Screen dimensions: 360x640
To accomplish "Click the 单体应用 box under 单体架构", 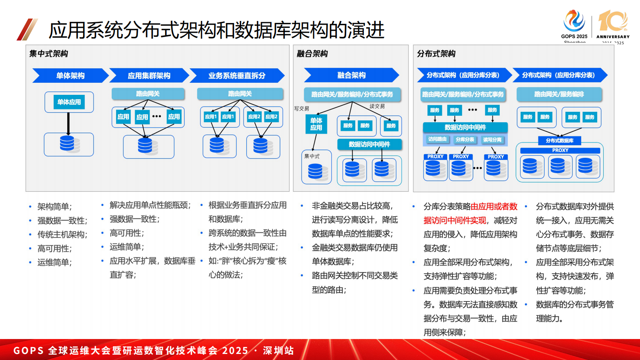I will point(69,102).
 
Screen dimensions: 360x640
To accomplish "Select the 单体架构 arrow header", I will point(70,75).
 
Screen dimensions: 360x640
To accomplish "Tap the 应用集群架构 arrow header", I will point(149,75).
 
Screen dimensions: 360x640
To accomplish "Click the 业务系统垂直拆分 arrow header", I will point(237,75).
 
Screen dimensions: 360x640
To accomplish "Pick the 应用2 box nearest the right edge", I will point(271,117).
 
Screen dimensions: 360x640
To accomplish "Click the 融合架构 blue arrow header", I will point(351,75).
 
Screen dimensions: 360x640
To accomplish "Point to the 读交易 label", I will point(377,106).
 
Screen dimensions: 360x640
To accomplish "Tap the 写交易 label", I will point(302,109).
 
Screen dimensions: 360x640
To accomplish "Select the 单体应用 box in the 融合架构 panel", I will point(316,124).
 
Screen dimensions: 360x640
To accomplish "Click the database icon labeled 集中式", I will point(315,171).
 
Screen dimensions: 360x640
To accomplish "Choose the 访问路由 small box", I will point(437,139).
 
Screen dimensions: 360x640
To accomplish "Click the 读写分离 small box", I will point(492,140).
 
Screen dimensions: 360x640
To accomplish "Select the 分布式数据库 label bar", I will point(559,140).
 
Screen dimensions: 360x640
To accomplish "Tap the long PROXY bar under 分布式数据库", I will point(560,150).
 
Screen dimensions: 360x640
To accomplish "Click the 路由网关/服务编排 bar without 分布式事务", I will point(559,94).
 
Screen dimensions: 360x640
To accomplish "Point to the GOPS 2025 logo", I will point(574,24).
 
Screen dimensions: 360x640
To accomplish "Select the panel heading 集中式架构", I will point(49,54).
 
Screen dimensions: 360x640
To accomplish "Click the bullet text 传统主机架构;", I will point(62,234).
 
